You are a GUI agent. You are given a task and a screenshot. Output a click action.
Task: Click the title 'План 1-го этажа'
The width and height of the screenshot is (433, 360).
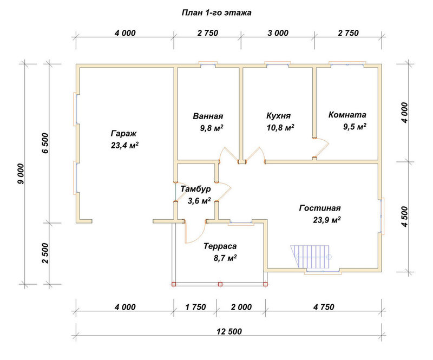pyautogui.click(x=216, y=13)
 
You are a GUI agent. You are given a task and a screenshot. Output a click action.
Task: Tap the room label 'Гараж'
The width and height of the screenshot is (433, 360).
pyautogui.click(x=124, y=134)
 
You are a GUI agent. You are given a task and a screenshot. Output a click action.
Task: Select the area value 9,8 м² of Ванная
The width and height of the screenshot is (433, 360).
pyautogui.click(x=212, y=128)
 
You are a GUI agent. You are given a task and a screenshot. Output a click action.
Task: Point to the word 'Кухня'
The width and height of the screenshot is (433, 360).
pyautogui.click(x=278, y=115)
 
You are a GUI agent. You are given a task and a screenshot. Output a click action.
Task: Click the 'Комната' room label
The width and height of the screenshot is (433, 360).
pyautogui.click(x=347, y=115)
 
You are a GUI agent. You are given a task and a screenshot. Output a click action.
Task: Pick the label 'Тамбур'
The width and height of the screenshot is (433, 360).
pyautogui.click(x=195, y=189)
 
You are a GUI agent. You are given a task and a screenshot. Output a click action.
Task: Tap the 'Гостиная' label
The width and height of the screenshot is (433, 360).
pyautogui.click(x=320, y=208)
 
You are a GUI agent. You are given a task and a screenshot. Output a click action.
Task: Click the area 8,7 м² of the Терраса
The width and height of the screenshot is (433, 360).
pyautogui.click(x=225, y=258)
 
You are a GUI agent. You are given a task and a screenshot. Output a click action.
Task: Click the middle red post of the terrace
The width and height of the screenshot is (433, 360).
pyautogui.click(x=220, y=284)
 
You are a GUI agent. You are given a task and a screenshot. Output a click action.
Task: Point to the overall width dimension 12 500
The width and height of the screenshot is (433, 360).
pyautogui.click(x=229, y=331)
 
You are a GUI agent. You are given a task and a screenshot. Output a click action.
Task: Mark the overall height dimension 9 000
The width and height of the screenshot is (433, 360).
pyautogui.click(x=21, y=174)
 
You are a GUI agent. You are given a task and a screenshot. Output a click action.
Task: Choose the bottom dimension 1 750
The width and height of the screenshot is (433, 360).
pyautogui.click(x=195, y=307)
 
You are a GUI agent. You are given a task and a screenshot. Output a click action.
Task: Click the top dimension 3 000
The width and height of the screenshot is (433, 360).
pyautogui.click(x=278, y=33)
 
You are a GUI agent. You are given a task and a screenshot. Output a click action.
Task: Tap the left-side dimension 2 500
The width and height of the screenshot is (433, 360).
pyautogui.click(x=45, y=253)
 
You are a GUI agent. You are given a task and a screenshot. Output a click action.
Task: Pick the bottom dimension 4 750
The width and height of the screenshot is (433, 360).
pyautogui.click(x=324, y=307)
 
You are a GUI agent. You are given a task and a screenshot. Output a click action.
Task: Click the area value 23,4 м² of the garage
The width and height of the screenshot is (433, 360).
pyautogui.click(x=124, y=145)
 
